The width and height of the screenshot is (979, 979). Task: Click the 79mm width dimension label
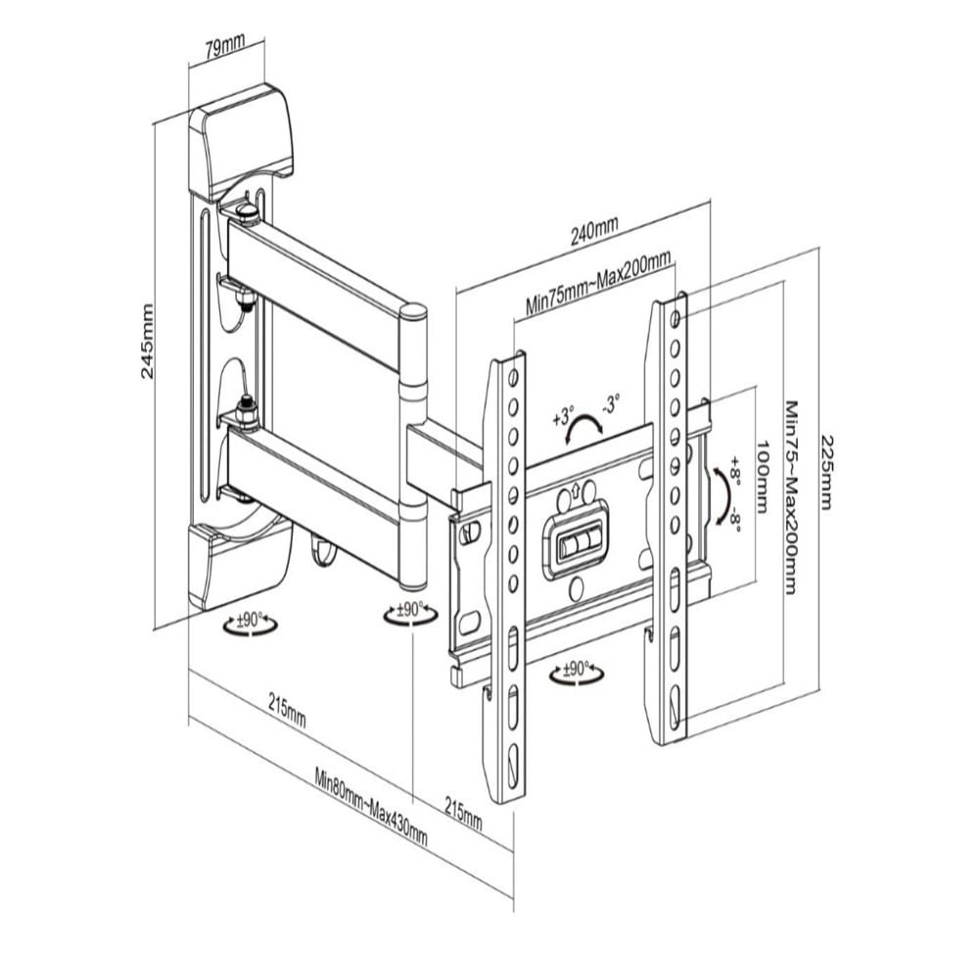tap(225, 47)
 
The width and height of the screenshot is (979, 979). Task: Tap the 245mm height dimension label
tap(147, 341)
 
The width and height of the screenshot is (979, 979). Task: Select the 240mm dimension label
tap(594, 231)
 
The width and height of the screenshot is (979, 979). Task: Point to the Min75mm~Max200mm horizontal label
tap(598, 283)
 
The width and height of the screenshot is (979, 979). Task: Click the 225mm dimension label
tap(826, 472)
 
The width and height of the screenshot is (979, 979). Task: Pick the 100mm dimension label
tap(763, 478)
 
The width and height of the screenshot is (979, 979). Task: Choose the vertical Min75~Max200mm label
tap(792, 497)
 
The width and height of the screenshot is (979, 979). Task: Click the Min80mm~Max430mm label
tap(371, 807)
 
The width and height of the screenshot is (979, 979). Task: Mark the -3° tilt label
tap(610, 402)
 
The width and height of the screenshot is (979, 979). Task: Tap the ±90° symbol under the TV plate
tap(577, 673)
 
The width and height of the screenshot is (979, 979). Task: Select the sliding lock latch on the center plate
tap(580, 543)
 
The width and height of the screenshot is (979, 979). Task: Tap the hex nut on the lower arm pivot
tap(248, 412)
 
